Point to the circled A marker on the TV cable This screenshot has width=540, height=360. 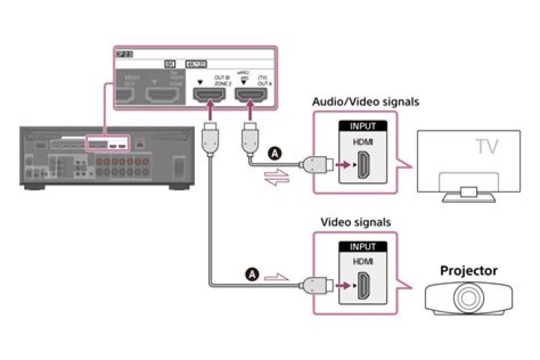coord(274,152)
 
